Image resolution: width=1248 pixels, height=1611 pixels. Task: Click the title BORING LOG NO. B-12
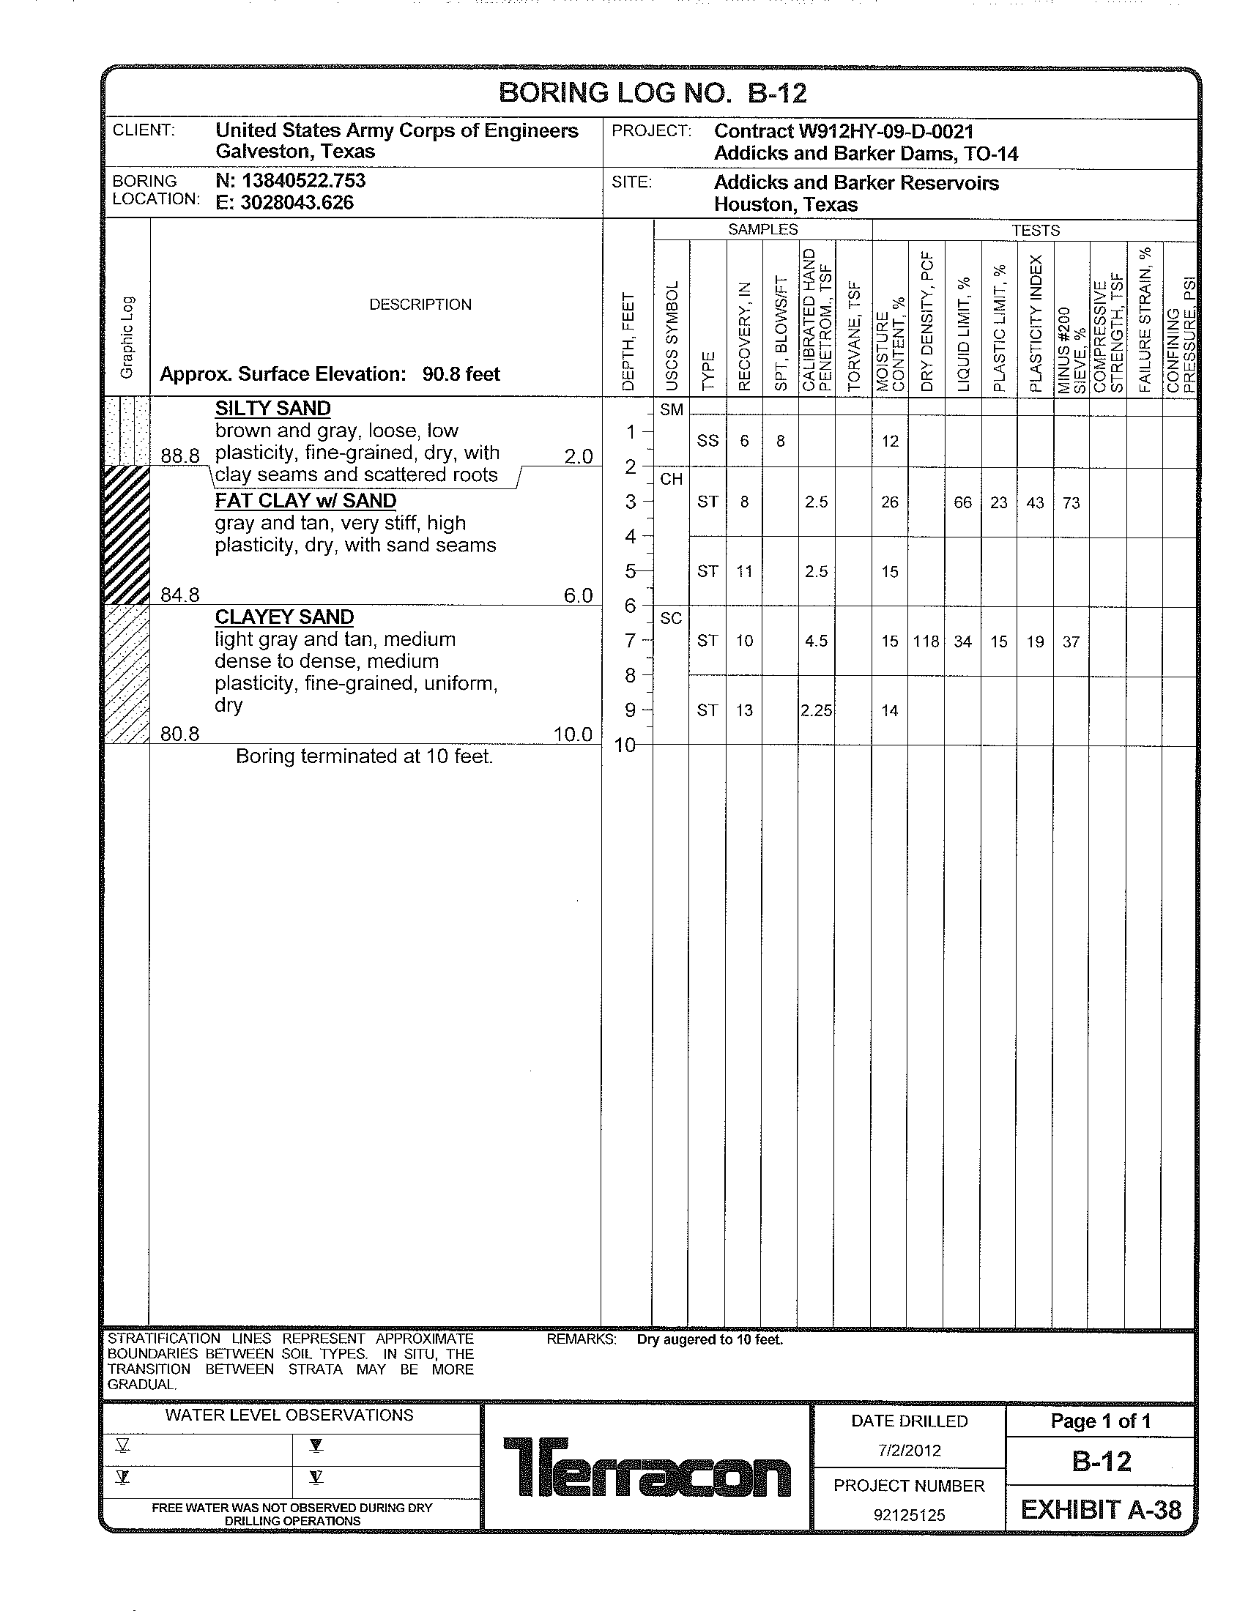653,93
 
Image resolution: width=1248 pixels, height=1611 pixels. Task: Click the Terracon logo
647,1468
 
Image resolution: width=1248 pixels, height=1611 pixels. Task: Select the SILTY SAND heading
273,409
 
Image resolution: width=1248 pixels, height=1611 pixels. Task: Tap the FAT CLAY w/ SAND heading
305,501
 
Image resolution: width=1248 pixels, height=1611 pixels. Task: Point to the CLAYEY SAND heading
284,617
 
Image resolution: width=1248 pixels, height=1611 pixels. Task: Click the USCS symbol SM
671,410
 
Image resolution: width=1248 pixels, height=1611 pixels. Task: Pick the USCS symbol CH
671,480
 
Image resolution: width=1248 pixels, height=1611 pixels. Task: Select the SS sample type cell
707,441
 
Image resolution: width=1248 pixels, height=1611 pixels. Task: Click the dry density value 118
926,641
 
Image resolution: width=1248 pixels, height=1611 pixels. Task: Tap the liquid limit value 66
962,502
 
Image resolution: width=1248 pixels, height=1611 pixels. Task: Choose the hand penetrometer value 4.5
817,641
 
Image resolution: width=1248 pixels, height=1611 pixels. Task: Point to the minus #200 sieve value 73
1071,503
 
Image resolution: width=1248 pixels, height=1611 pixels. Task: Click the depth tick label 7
631,641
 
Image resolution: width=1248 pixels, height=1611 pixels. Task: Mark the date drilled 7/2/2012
909,1451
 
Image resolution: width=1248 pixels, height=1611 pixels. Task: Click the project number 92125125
909,1516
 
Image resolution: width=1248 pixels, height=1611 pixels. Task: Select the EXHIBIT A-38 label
1101,1511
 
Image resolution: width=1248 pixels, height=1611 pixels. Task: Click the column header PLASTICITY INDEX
1036,323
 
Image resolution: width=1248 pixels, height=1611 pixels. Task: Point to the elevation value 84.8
180,595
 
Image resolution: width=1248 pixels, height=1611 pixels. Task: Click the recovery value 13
744,711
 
